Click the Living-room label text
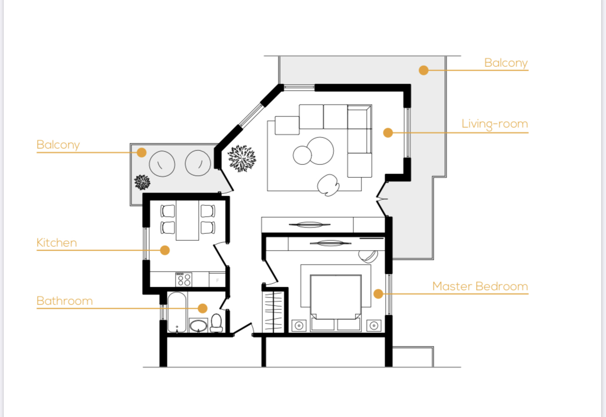click(494, 124)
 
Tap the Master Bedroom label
click(480, 287)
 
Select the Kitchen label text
click(57, 242)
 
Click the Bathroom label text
click(65, 301)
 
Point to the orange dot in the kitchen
click(165, 251)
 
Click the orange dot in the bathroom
click(203, 308)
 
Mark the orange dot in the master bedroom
click(378, 294)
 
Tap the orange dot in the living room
click(388, 133)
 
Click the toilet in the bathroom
click(217, 323)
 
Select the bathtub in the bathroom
click(177, 312)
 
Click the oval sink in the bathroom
click(199, 326)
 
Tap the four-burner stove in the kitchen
click(184, 280)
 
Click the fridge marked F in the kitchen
click(217, 280)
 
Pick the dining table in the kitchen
click(187, 220)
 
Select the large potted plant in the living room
click(242, 158)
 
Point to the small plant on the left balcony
click(142, 182)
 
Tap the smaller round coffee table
click(302, 155)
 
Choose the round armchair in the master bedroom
click(367, 255)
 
